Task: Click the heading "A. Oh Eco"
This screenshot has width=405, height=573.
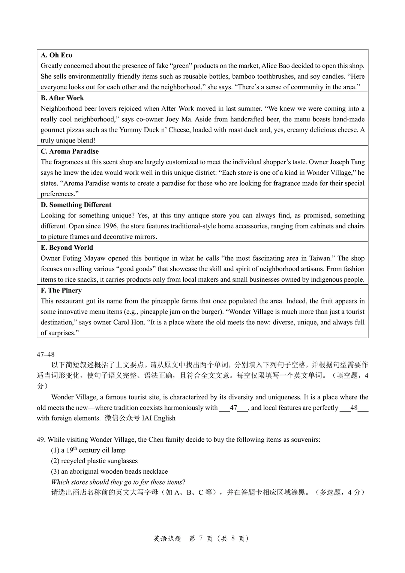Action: tap(56, 55)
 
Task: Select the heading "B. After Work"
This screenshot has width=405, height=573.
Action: tap(62, 98)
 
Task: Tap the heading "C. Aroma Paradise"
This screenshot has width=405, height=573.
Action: tap(70, 151)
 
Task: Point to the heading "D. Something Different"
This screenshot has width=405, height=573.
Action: tap(76, 205)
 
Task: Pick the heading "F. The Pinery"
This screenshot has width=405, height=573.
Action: tap(61, 290)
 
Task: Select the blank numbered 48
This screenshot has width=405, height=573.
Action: tap(354, 408)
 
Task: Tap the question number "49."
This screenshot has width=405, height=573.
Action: tap(41, 439)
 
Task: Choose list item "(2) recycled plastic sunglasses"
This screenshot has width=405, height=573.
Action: tap(94, 461)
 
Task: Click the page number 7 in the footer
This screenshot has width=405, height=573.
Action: tap(201, 539)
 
